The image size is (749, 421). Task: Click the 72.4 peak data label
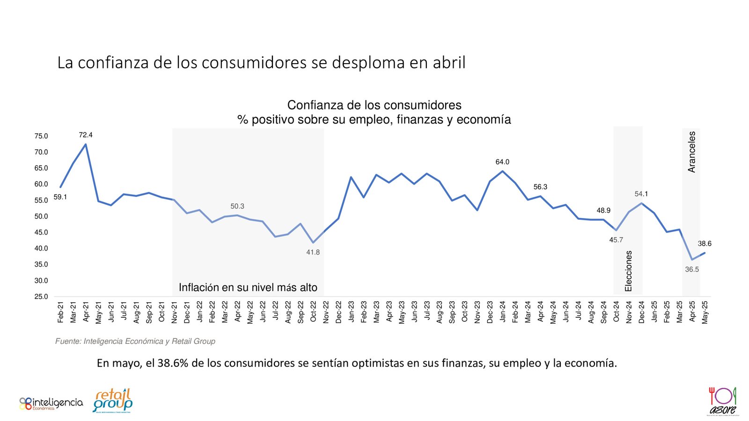(x=86, y=135)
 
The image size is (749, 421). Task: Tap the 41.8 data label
(x=313, y=253)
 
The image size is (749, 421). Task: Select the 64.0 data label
(x=502, y=162)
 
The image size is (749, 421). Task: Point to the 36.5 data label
(x=692, y=269)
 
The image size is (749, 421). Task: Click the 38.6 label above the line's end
(x=705, y=244)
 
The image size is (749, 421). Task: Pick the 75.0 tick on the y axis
(x=41, y=136)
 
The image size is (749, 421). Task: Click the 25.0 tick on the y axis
(x=41, y=297)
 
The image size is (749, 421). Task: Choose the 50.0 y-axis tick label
(x=41, y=217)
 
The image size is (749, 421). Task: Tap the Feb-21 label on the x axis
(x=60, y=312)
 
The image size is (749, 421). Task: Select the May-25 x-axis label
(x=705, y=312)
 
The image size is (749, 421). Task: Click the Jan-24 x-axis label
(x=503, y=312)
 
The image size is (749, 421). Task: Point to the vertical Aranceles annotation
(x=691, y=152)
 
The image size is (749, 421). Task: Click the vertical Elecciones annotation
(x=629, y=271)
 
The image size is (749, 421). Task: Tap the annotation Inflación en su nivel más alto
(x=248, y=288)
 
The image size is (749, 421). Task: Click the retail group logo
(x=113, y=400)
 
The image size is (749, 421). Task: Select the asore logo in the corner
(x=723, y=401)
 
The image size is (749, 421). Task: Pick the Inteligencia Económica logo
(x=51, y=403)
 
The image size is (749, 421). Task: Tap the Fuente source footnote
(x=135, y=341)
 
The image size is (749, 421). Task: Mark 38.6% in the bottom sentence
(x=173, y=363)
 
